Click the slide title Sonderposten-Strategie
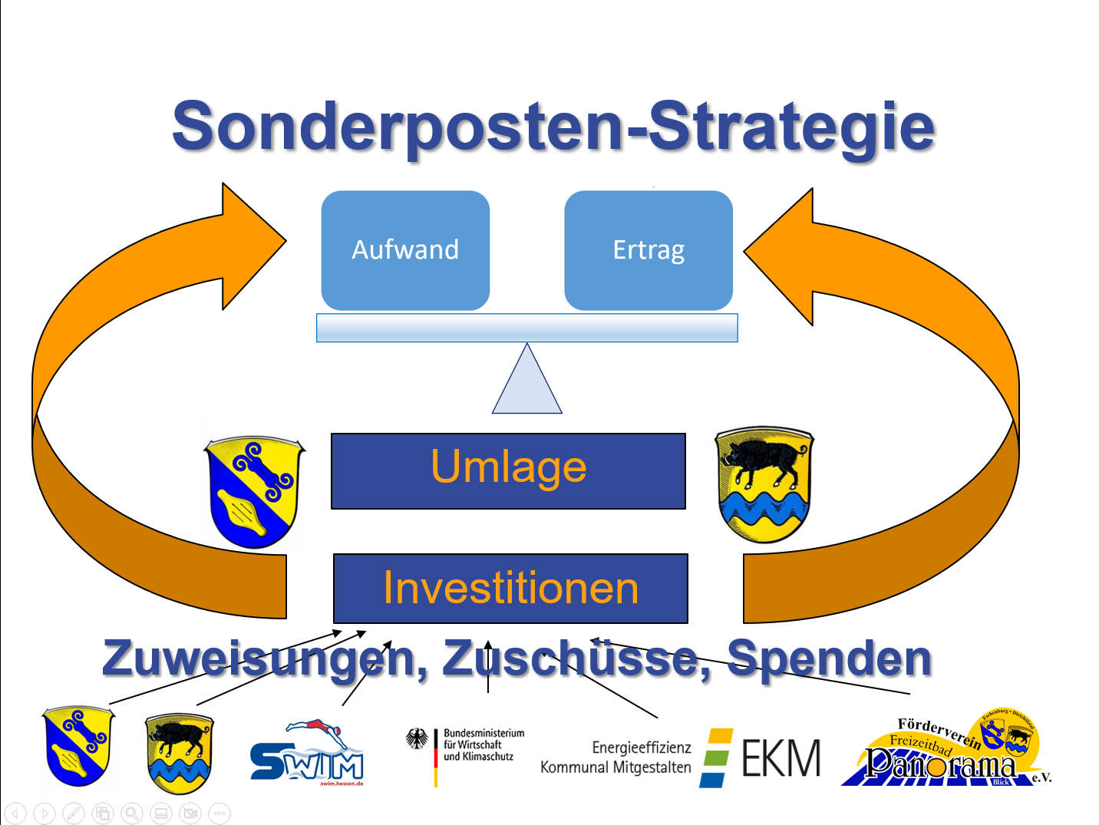pyautogui.click(x=553, y=127)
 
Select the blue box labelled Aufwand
pyautogui.click(x=405, y=250)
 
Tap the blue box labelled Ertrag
pyautogui.click(x=649, y=250)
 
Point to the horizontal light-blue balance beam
pyautogui.click(x=527, y=328)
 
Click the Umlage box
pyautogui.click(x=508, y=470)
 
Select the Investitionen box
pyautogui.click(x=510, y=589)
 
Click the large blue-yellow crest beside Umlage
pyautogui.click(x=254, y=492)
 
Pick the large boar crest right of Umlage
pyautogui.click(x=764, y=484)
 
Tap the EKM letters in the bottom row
pyautogui.click(x=781, y=758)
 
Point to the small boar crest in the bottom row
pyautogui.click(x=179, y=753)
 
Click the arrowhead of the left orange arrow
pyautogui.click(x=249, y=246)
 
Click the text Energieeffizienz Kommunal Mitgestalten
pyautogui.click(x=616, y=757)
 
